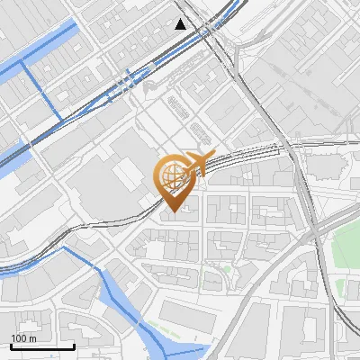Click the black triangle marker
coord(182,24)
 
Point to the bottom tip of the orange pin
coord(172,210)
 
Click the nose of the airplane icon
coord(214,157)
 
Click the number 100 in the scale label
coord(19,337)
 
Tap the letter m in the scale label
coord(31,337)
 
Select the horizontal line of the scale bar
coord(42,346)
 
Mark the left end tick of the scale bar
coord(11,345)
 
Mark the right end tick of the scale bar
coord(74,345)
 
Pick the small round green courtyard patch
coord(212,269)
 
